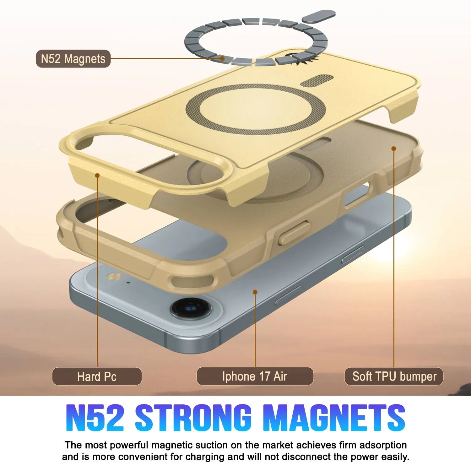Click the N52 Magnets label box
point(73,59)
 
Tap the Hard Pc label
point(97,376)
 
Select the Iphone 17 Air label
point(255,376)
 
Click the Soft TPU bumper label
point(394,376)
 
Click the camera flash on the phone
point(111,277)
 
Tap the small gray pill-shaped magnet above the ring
point(319,16)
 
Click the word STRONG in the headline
point(193,418)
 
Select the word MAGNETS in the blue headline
point(334,418)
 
